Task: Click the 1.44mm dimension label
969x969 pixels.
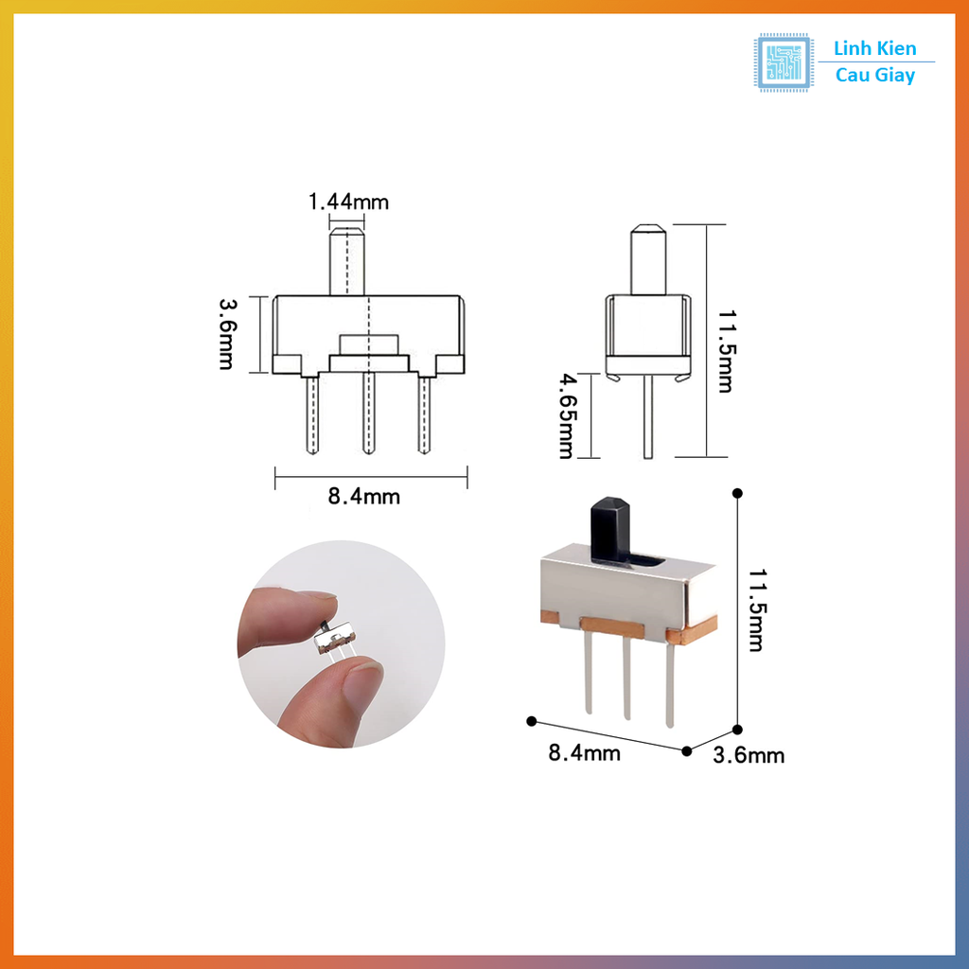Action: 347,201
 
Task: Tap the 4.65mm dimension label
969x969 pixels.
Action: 565,415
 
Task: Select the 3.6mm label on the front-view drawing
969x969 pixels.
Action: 226,334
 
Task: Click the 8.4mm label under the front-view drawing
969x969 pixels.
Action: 364,496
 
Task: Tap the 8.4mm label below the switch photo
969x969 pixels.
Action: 584,752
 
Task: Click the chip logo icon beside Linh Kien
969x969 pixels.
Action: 784,62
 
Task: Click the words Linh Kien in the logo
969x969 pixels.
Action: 874,49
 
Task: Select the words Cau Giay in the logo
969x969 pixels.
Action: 874,76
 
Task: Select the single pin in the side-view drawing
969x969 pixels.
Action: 648,416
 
